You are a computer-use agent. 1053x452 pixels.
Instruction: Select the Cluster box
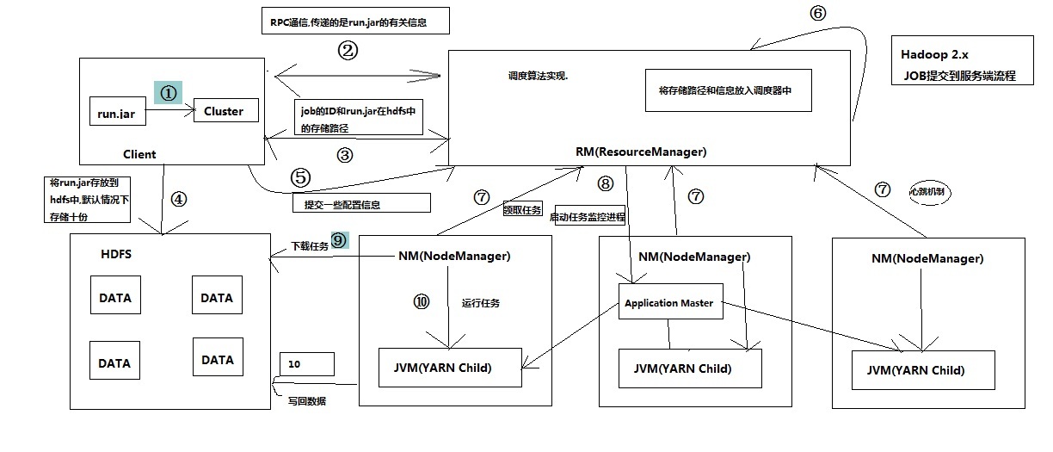pos(224,111)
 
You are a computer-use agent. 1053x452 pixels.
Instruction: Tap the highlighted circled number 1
pos(169,93)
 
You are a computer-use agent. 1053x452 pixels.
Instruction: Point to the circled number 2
pos(347,51)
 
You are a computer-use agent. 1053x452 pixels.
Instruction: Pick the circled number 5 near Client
pos(300,178)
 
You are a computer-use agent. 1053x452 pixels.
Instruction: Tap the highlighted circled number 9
pos(338,242)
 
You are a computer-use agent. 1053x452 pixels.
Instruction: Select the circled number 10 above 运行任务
pos(421,302)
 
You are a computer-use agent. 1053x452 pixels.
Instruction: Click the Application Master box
pos(668,303)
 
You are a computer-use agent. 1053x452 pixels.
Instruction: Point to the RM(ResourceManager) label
pos(641,152)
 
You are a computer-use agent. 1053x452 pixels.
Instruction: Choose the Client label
pos(139,155)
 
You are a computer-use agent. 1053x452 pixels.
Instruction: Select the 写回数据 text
pos(307,401)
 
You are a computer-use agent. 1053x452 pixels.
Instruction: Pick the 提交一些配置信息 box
pos(360,204)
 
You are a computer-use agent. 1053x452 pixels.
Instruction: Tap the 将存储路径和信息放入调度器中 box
pos(728,90)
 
